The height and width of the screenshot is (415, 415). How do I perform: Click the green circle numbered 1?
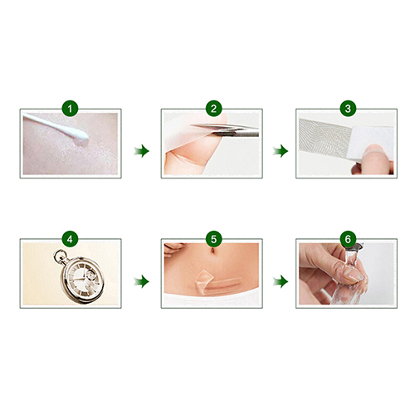coord(70,109)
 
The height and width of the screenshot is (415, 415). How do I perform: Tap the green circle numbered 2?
coord(213,109)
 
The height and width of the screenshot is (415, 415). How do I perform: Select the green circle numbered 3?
coord(348,109)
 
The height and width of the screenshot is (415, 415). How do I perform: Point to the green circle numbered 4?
coord(70,239)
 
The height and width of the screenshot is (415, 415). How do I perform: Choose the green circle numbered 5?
coord(213,239)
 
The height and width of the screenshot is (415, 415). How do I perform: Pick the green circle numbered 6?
coord(348,239)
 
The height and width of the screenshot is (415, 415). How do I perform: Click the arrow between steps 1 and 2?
coord(142,151)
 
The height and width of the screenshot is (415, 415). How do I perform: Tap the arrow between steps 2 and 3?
coord(281,151)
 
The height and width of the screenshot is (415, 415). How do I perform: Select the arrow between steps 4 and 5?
coord(142,281)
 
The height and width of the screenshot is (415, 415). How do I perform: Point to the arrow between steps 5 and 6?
coord(281,281)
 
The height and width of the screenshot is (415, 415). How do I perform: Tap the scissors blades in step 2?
coord(224,129)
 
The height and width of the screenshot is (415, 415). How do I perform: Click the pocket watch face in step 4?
coord(82,280)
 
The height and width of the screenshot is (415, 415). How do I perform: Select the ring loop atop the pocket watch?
coord(60,256)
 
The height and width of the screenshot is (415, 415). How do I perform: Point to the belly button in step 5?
coord(212,251)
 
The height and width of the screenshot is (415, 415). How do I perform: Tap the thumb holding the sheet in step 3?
coord(376,159)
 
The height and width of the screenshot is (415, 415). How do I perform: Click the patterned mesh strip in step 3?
coord(325,138)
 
